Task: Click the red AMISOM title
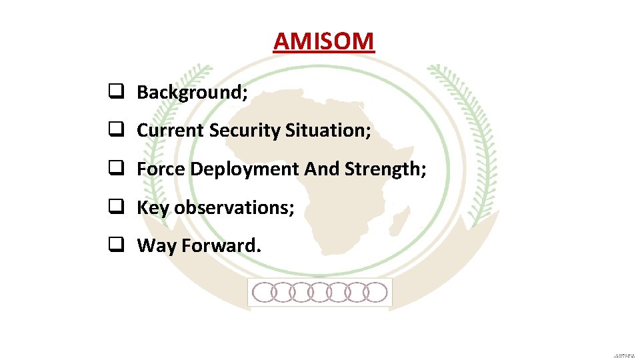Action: (x=323, y=41)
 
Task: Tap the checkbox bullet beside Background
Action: (x=115, y=92)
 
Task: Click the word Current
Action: (x=171, y=131)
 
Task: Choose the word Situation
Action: (x=327, y=131)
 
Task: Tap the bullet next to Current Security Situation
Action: (x=115, y=131)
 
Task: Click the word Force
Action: (x=161, y=169)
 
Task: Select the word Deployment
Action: (x=245, y=170)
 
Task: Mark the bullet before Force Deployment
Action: (x=115, y=169)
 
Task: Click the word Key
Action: (x=153, y=208)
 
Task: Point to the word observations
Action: (x=233, y=208)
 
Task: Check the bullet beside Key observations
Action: (x=115, y=208)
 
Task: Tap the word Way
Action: (x=157, y=246)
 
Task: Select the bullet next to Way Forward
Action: (x=115, y=246)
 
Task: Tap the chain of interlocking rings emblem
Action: (x=320, y=292)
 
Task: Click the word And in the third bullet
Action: (x=322, y=169)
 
